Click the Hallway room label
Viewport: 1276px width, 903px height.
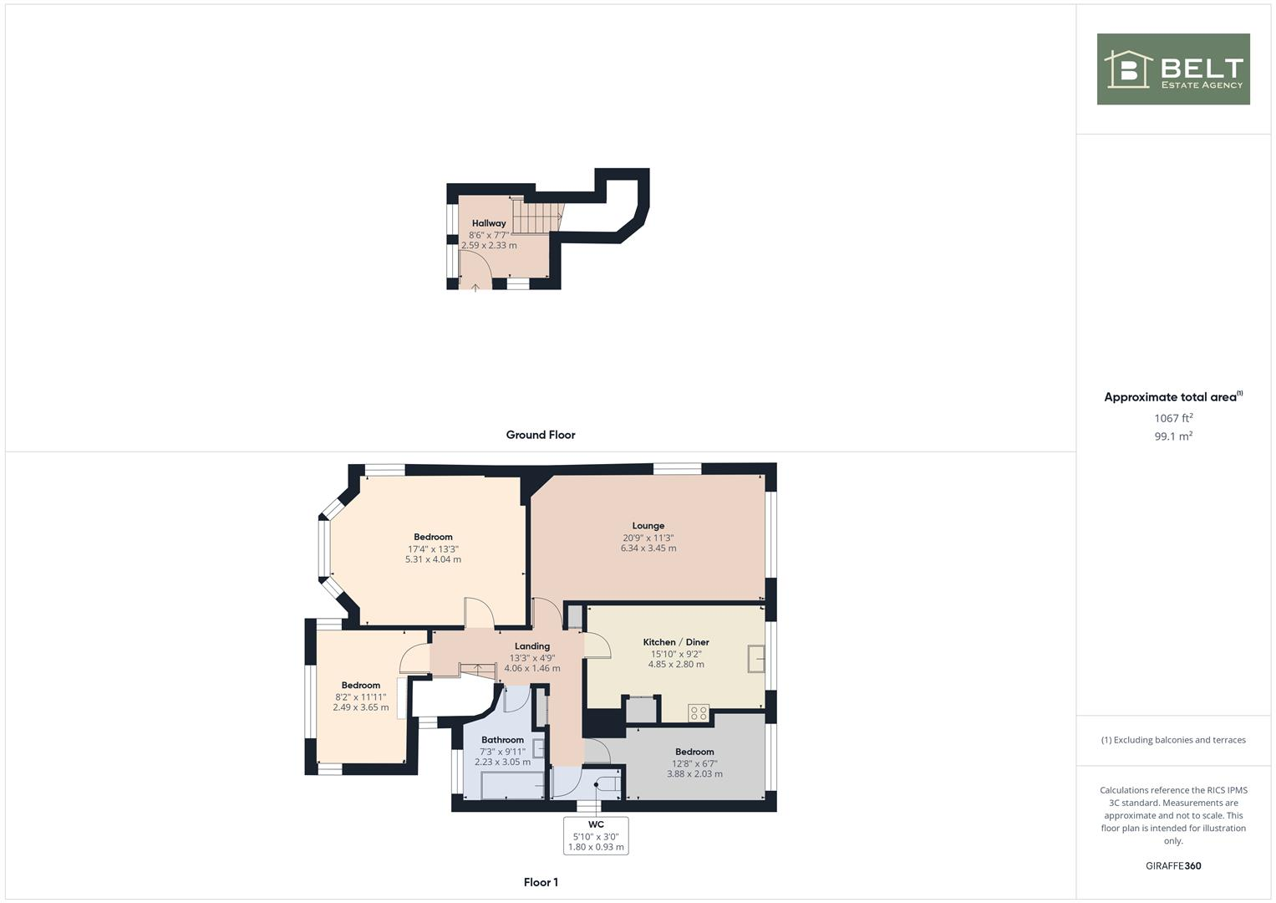pyautogui.click(x=489, y=223)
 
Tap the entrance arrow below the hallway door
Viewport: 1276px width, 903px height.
pyautogui.click(x=475, y=288)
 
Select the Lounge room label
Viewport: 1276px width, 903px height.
pyautogui.click(x=648, y=526)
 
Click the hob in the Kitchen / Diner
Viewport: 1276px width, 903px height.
pyautogui.click(x=699, y=713)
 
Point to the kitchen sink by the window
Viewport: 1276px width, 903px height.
pyautogui.click(x=757, y=658)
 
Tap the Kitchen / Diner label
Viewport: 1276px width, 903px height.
pyautogui.click(x=676, y=642)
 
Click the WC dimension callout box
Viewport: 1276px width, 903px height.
pyautogui.click(x=596, y=835)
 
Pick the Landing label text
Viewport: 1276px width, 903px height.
pyautogui.click(x=532, y=645)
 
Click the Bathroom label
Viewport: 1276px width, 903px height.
pyautogui.click(x=502, y=740)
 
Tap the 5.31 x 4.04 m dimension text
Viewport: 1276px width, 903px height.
pyautogui.click(x=433, y=559)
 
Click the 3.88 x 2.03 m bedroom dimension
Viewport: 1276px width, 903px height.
pyautogui.click(x=694, y=774)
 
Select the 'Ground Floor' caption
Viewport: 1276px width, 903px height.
pyautogui.click(x=541, y=435)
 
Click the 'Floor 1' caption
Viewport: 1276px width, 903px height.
pyautogui.click(x=541, y=882)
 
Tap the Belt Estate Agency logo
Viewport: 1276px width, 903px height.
pyautogui.click(x=1173, y=69)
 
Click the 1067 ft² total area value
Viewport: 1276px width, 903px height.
pyautogui.click(x=1173, y=418)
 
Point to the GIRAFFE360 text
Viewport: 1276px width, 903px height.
pyautogui.click(x=1173, y=866)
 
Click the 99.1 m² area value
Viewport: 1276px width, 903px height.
pyautogui.click(x=1173, y=436)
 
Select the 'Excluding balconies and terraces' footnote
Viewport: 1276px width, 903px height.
pyautogui.click(x=1173, y=740)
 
